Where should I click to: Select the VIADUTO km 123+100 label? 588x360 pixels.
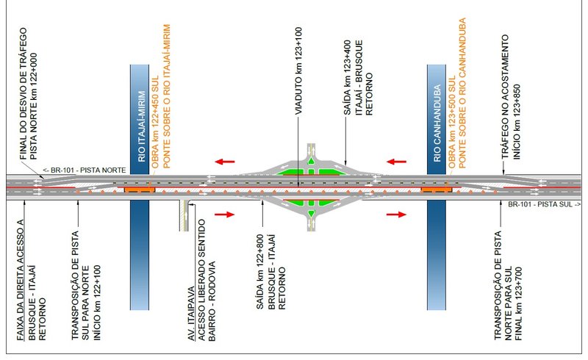299,74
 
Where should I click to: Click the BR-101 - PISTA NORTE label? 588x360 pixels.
84,170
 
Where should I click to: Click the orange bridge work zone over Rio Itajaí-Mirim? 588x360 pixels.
140,189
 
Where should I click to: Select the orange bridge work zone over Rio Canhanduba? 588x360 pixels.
436,189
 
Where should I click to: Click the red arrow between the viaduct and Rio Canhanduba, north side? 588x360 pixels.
397,161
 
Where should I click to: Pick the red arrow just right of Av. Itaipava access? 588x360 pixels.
226,215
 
